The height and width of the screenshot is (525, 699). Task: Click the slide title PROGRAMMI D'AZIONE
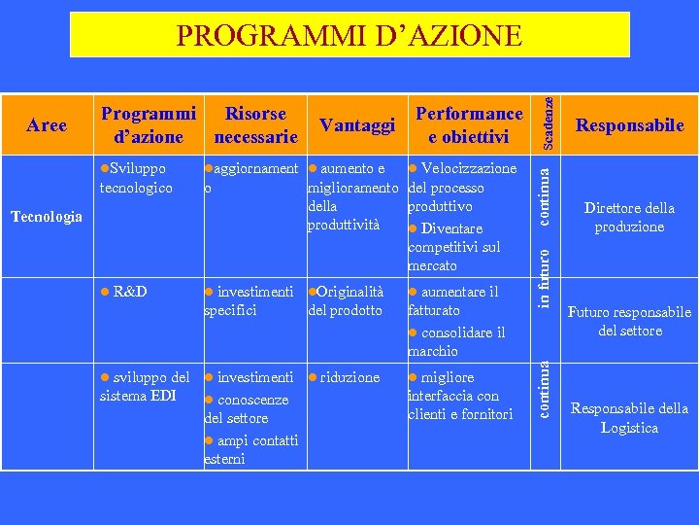click(x=349, y=36)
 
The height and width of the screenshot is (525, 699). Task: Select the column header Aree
click(x=47, y=124)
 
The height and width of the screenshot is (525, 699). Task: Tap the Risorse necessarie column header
click(x=255, y=124)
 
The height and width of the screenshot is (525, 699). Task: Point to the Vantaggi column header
click(x=357, y=125)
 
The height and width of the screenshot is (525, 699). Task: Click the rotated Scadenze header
click(x=549, y=116)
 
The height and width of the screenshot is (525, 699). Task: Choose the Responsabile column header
click(x=629, y=124)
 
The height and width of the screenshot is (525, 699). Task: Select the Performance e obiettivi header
click(x=468, y=124)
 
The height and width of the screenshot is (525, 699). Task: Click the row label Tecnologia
click(x=47, y=216)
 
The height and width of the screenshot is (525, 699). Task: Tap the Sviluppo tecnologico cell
click(x=137, y=178)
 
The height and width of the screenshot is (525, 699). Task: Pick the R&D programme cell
click(x=129, y=292)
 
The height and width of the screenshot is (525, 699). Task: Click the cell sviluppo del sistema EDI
click(x=146, y=386)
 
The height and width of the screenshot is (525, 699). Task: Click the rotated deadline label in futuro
click(x=549, y=276)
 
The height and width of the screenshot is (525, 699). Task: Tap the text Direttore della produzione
click(x=629, y=217)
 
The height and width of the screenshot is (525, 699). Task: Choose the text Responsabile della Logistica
click(x=629, y=418)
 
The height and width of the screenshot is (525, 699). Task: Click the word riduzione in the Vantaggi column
click(x=349, y=377)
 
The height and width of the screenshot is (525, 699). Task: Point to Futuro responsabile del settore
click(x=629, y=321)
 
